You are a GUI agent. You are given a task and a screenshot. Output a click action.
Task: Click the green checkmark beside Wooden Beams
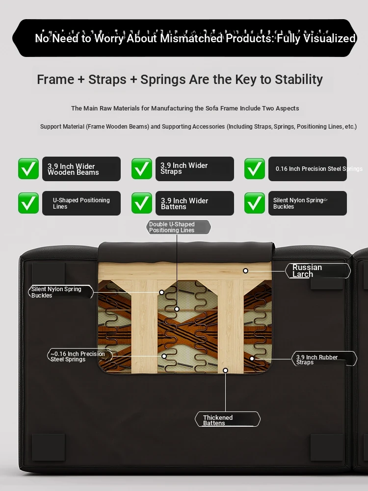click(28, 169)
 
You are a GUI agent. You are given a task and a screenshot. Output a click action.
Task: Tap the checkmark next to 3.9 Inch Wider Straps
click(142, 169)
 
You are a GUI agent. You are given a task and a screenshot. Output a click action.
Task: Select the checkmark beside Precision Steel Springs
click(255, 169)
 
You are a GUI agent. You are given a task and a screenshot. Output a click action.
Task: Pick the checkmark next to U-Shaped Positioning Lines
click(28, 203)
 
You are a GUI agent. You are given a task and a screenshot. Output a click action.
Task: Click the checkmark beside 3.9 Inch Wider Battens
click(142, 203)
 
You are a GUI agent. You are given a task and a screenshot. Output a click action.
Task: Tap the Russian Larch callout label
click(318, 271)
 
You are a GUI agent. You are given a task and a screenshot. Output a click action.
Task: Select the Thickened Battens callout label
click(228, 419)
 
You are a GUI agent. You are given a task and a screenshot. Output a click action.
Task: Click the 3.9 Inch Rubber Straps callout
click(324, 359)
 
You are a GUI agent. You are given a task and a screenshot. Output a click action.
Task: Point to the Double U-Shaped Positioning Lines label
click(179, 227)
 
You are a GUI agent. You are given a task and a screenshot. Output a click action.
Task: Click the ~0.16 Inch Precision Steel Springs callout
click(80, 355)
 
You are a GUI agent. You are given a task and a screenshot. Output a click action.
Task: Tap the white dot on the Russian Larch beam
click(246, 271)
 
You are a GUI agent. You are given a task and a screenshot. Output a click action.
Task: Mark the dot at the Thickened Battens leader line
click(225, 370)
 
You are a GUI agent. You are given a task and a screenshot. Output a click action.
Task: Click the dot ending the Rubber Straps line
click(252, 358)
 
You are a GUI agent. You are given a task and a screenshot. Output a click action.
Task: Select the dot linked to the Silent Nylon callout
click(161, 292)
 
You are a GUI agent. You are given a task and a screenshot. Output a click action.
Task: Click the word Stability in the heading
click(298, 80)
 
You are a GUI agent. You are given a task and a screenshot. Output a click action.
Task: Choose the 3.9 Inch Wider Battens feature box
click(195, 203)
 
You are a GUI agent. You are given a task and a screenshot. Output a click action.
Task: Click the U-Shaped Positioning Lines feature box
click(81, 203)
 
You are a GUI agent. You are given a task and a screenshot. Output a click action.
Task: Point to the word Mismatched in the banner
click(191, 38)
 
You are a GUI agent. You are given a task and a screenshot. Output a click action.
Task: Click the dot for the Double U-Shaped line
click(177, 309)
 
